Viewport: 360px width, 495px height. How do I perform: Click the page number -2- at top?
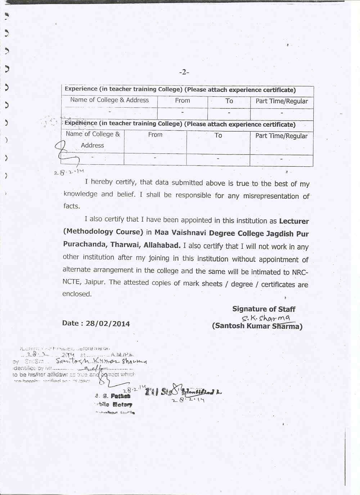click(184, 72)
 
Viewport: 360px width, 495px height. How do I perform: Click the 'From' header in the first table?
click(183, 100)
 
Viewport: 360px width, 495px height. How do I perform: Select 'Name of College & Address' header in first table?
click(109, 100)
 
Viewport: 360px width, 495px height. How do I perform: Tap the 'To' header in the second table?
click(218, 135)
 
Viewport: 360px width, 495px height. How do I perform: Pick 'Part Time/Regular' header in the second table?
click(282, 136)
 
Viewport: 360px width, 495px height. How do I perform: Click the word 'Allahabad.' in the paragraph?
click(162, 246)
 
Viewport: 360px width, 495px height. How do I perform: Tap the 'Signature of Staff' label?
click(264, 309)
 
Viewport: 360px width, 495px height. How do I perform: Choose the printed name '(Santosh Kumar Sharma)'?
click(257, 326)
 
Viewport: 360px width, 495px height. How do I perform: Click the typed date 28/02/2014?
click(108, 323)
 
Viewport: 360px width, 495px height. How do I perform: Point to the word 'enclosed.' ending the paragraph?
click(77, 294)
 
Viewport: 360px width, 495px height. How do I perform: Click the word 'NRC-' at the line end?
click(300, 272)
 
